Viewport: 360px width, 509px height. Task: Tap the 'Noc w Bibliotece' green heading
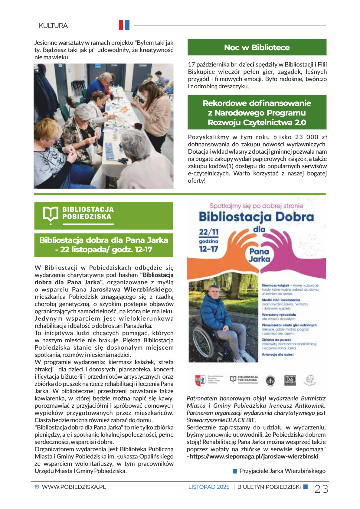[x=257, y=47]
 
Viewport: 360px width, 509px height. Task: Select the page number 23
[x=321, y=489]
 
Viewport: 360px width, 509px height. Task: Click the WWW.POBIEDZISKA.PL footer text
[x=74, y=487]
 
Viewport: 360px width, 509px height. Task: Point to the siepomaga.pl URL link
[x=254, y=456]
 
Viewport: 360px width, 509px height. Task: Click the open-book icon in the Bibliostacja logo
[x=50, y=214]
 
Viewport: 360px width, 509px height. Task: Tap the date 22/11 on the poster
[x=209, y=232]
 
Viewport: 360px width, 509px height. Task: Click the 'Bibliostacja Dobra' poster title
[x=256, y=217]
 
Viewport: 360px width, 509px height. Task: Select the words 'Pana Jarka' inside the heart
[x=259, y=255]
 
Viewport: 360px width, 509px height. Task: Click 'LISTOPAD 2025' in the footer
[x=209, y=487]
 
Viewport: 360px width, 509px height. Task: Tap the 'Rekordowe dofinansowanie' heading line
[x=257, y=103]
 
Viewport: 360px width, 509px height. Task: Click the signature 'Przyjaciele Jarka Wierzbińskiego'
[x=283, y=471]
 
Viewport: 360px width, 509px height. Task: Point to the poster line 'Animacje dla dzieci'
[x=277, y=354]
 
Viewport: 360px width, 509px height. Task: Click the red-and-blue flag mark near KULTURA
[x=124, y=25]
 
